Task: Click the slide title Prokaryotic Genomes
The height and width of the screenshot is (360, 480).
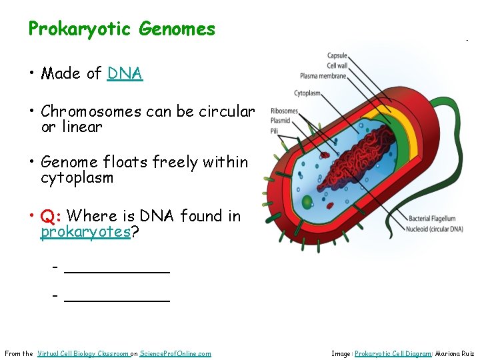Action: point(121,29)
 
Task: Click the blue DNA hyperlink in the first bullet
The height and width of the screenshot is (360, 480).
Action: point(125,73)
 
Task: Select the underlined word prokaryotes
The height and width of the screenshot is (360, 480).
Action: point(85,232)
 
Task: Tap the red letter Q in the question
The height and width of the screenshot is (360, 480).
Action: point(47,217)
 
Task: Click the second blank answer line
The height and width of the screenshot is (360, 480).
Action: point(117,297)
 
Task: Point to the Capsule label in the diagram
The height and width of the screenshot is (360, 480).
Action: point(336,55)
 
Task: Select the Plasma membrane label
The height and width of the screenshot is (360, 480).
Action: point(323,75)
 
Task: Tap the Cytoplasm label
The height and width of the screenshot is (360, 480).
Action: point(309,93)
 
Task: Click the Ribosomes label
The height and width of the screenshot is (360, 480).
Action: point(284,111)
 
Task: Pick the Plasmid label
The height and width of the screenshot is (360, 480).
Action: point(280,121)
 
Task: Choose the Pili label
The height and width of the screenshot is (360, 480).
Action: point(275,131)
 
